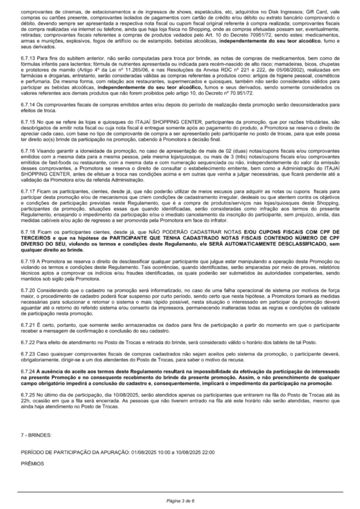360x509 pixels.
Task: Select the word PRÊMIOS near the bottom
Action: pyautogui.click(x=32, y=463)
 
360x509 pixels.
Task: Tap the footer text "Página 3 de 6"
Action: pyautogui.click(x=180, y=501)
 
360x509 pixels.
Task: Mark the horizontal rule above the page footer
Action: pyautogui.click(x=180, y=492)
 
